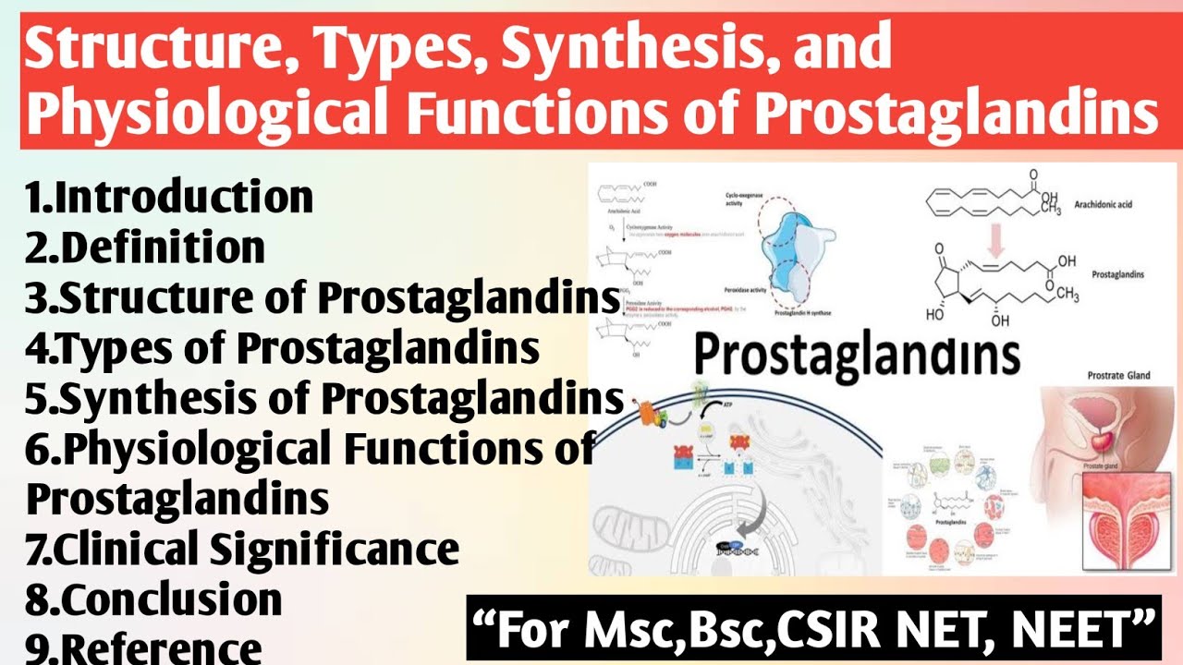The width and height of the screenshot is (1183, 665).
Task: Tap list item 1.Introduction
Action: [170, 198]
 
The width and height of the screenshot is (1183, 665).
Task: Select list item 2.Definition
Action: [146, 248]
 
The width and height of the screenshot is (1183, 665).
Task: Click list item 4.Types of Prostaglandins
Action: [283, 348]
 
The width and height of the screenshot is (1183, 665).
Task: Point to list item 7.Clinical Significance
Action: [242, 549]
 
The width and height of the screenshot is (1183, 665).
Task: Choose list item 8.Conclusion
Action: [153, 599]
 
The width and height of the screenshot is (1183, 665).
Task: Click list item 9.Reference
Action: [144, 647]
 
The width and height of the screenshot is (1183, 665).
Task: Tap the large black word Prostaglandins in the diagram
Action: [857, 356]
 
